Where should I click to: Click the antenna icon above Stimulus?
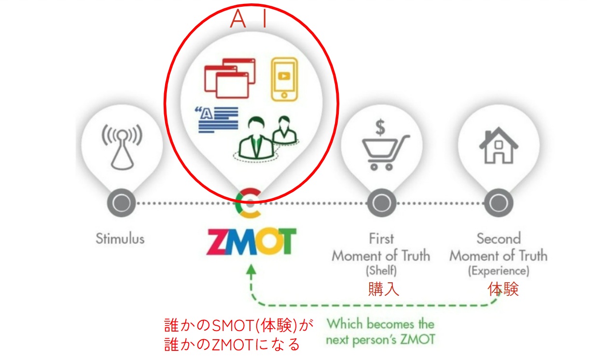(x=121, y=145)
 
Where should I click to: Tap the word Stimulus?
(x=120, y=239)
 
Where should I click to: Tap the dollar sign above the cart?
(x=380, y=127)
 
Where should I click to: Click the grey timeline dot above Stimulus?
(x=120, y=203)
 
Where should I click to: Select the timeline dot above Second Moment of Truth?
(x=498, y=203)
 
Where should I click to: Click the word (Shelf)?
(x=381, y=271)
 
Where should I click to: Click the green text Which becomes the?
(x=380, y=323)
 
